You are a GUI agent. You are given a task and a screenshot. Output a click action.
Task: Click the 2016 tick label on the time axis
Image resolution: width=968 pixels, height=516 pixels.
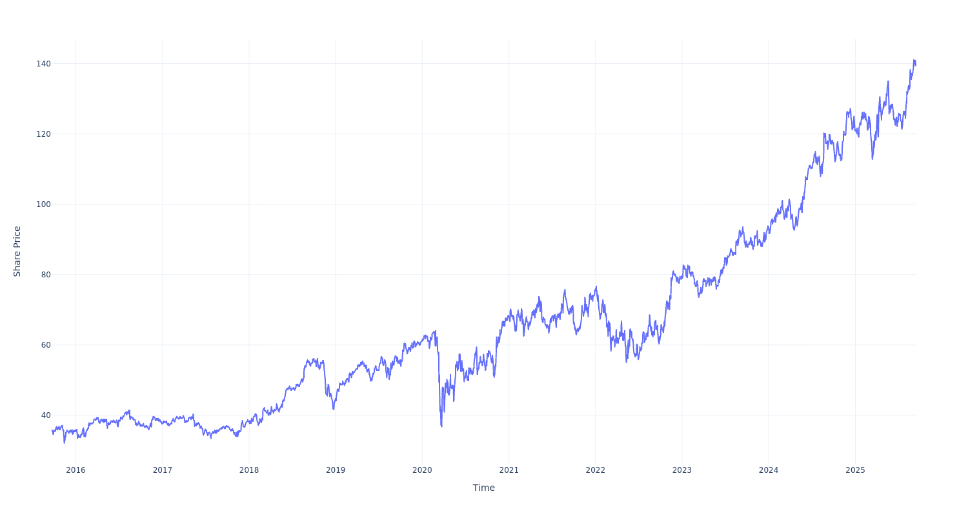(76, 470)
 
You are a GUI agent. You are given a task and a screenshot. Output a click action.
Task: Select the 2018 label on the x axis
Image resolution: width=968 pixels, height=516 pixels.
(249, 470)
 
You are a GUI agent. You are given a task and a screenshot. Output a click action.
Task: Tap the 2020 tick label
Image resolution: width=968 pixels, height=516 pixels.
(422, 470)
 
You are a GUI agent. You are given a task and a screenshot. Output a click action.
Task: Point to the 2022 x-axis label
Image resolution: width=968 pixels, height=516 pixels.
(595, 470)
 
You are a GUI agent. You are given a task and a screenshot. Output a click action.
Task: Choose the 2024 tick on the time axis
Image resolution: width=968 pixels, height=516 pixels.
(769, 470)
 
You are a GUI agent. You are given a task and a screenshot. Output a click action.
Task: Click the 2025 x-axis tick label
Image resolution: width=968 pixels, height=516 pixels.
(855, 470)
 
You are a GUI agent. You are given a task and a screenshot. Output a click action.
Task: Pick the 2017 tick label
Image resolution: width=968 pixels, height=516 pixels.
(162, 470)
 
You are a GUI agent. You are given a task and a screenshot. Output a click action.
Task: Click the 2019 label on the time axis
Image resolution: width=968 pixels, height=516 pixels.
(336, 470)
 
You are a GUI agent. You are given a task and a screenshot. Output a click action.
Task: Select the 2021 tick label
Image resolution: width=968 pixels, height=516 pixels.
(509, 470)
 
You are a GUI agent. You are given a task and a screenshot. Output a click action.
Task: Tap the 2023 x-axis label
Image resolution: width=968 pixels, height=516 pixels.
(682, 470)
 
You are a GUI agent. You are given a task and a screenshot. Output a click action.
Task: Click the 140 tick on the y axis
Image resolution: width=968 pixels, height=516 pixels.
(43, 64)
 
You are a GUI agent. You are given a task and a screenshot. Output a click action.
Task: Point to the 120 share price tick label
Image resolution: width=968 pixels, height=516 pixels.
(43, 134)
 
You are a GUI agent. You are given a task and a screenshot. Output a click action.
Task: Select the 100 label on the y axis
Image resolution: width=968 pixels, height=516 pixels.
(43, 204)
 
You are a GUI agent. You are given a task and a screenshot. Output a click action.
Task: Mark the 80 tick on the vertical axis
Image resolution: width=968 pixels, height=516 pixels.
(45, 275)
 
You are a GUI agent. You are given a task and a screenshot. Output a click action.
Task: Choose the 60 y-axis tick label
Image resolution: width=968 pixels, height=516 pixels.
(45, 345)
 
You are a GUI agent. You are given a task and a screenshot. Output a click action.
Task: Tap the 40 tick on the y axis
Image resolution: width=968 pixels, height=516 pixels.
(45, 415)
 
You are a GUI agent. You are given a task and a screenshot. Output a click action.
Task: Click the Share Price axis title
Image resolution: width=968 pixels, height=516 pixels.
(17, 252)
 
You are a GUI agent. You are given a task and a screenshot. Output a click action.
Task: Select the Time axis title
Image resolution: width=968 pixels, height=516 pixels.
(483, 488)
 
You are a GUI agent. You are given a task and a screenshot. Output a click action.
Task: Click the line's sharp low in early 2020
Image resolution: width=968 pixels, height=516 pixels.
(441, 426)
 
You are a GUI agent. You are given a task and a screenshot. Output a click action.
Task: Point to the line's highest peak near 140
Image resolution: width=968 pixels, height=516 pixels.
(914, 60)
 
